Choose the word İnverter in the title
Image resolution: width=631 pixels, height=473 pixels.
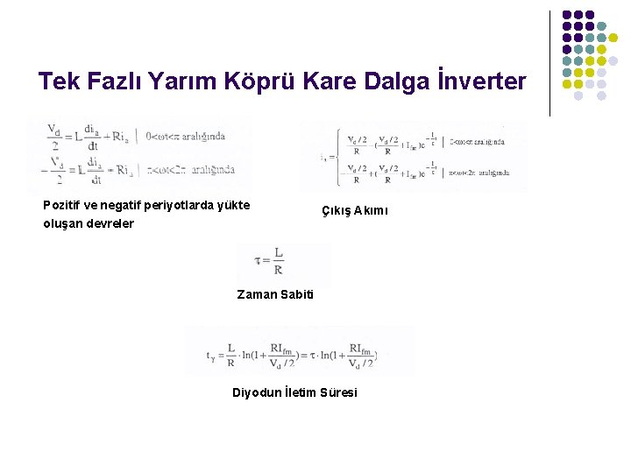pos(485,82)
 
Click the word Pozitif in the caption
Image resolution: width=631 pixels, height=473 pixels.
pos(63,205)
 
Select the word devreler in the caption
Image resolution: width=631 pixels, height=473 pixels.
pos(110,223)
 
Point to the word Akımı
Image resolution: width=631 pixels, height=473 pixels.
pos(372,211)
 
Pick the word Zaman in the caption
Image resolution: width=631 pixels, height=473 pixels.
pos(257,294)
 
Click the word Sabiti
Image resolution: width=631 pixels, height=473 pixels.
pos(296,294)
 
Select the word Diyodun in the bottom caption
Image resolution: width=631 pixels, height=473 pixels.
pos(255,392)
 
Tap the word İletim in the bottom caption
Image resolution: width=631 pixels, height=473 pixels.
pos(300,392)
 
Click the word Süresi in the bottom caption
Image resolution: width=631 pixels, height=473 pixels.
pos(339,392)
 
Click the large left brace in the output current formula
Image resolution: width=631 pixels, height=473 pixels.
pos(337,156)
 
